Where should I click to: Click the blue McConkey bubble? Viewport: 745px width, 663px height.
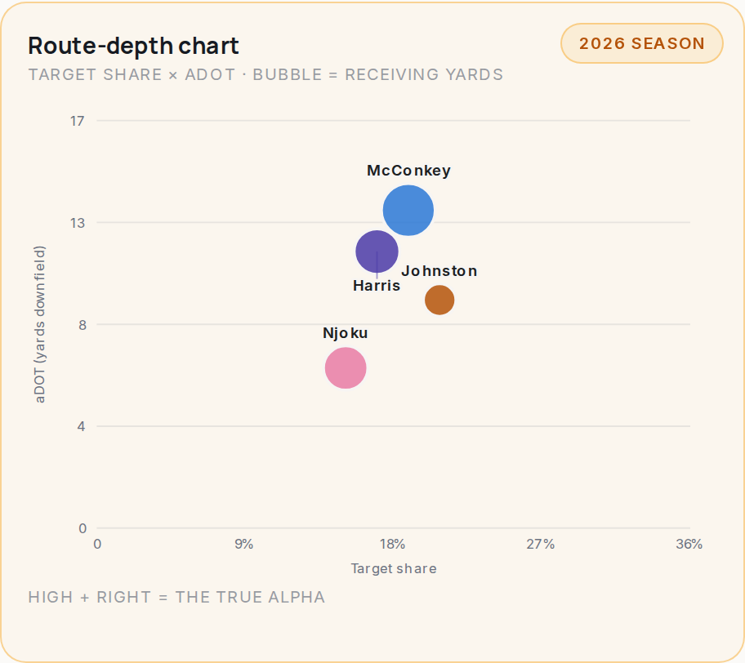[x=408, y=211]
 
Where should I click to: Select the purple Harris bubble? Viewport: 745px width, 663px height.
[x=377, y=251]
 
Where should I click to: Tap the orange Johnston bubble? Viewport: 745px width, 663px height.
[x=439, y=300]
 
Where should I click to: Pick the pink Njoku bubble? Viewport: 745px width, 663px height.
[x=346, y=368]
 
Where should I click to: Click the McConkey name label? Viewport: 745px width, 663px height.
[x=408, y=171]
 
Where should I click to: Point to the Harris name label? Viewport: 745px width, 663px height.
[x=377, y=286]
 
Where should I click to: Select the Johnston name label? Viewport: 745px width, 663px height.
[x=439, y=271]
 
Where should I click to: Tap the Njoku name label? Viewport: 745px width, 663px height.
[x=346, y=333]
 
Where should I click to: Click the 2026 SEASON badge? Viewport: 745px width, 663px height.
[x=642, y=43]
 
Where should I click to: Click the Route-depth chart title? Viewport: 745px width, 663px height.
[x=133, y=46]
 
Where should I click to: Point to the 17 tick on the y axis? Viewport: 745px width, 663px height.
[x=78, y=121]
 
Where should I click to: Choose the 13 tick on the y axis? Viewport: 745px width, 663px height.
[x=78, y=223]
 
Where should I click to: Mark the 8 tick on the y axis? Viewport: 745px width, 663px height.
[x=83, y=325]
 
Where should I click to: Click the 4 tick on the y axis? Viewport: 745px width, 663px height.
[x=82, y=426]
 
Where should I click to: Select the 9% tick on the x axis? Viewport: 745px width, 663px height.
[x=244, y=545]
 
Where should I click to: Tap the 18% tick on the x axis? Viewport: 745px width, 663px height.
[x=392, y=545]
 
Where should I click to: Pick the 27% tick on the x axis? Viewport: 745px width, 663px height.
[x=541, y=545]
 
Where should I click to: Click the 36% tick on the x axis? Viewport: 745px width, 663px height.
[x=689, y=545]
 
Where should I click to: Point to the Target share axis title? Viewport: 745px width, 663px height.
[x=394, y=568]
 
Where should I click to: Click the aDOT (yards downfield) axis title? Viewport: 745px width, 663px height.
[x=40, y=324]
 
